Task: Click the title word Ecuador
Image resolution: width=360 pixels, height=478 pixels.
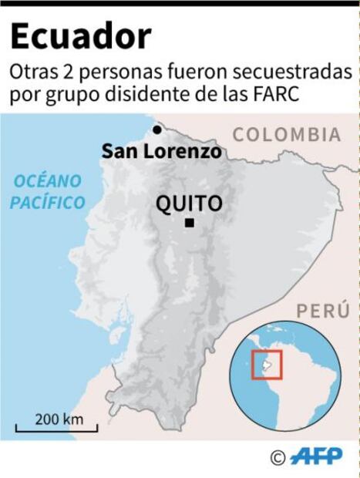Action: point(81,36)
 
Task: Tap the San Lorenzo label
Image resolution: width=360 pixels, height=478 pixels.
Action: point(161,151)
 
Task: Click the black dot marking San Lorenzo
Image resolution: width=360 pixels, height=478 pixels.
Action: point(156,130)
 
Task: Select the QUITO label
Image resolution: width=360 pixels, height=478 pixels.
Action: point(189,204)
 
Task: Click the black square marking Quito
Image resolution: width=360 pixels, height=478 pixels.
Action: point(189,224)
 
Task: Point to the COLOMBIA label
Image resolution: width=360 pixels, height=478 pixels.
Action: point(287,134)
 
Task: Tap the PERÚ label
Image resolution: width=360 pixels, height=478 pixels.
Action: point(324,311)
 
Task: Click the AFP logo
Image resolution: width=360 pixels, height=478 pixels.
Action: point(317,456)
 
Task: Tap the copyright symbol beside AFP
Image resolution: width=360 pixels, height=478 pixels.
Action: point(278,457)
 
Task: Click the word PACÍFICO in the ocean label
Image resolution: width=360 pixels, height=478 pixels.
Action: point(52,203)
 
